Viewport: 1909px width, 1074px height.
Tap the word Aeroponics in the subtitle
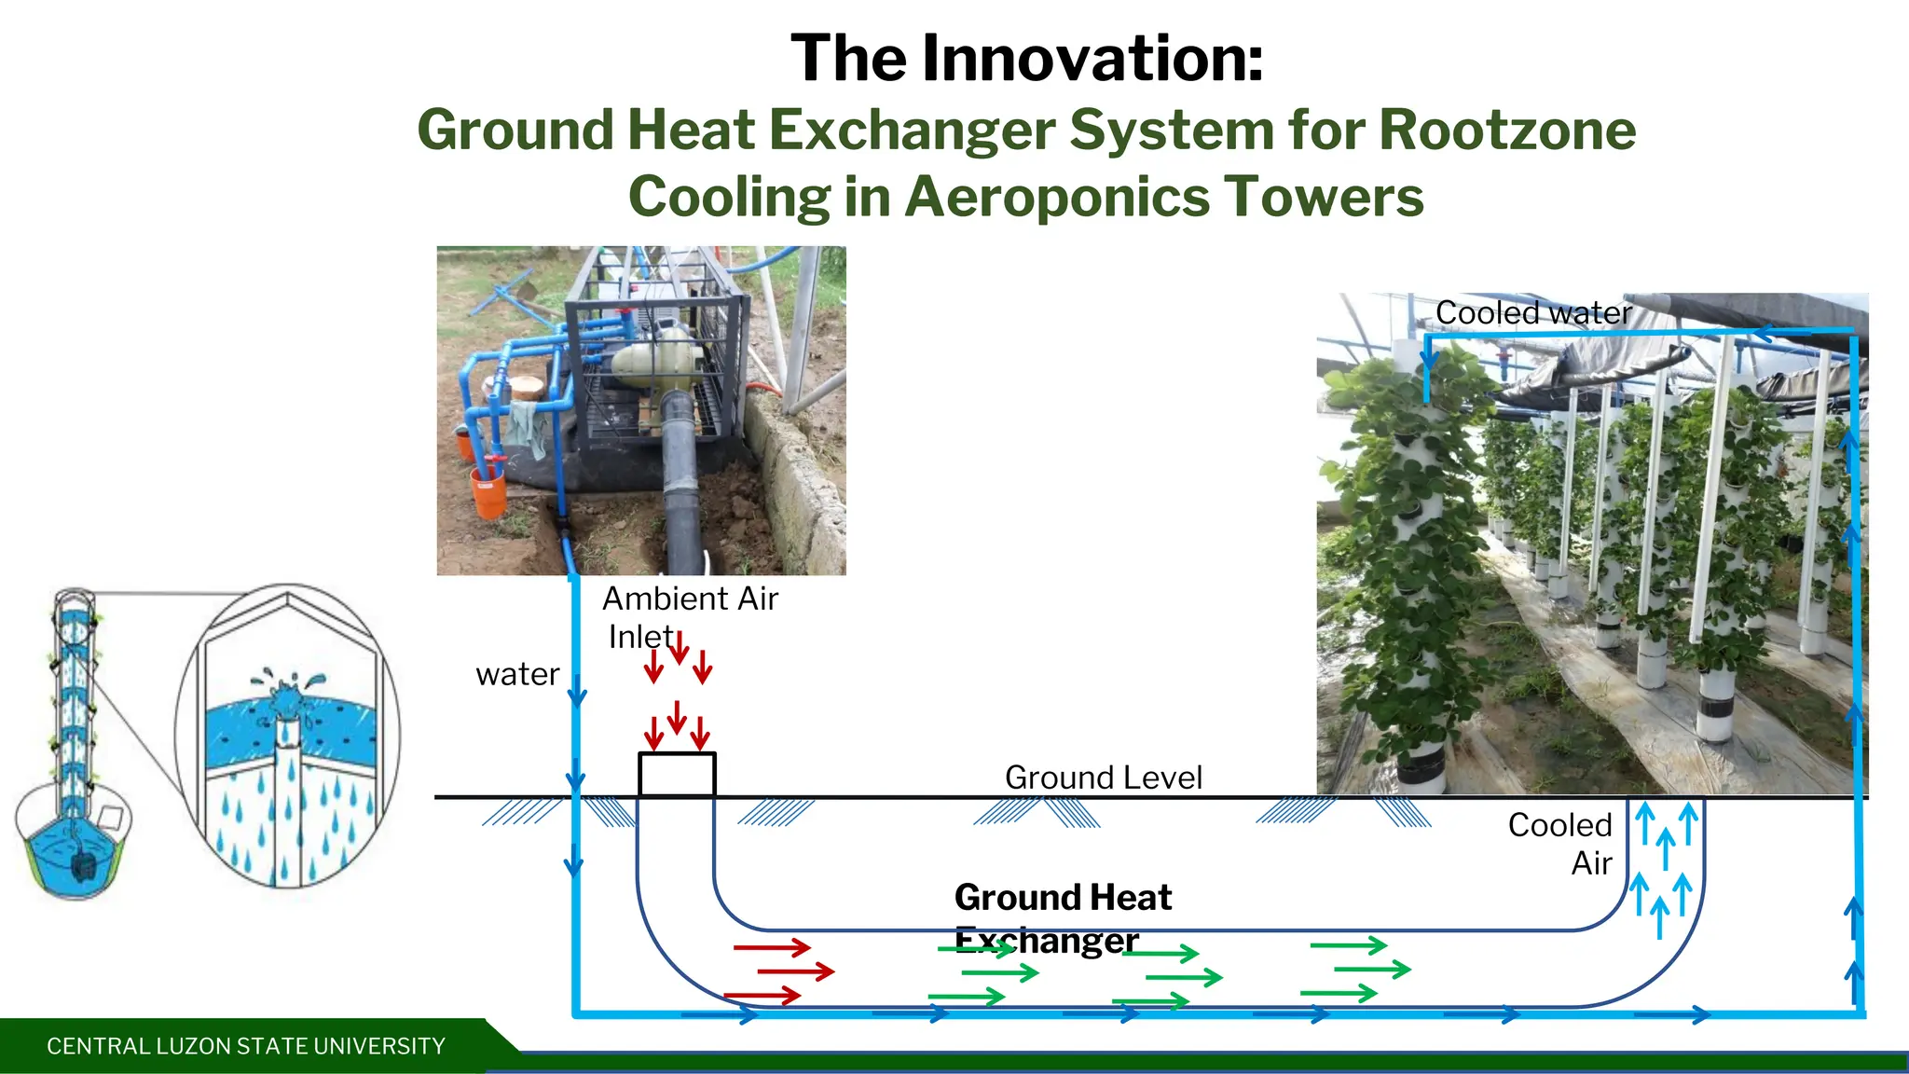tap(1055, 198)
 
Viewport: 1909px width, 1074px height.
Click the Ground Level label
tap(1103, 777)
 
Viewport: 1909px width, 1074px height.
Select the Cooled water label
tap(1532, 313)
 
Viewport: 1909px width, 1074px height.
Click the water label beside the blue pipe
tap(517, 674)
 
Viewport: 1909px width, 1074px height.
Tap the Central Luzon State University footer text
tap(246, 1046)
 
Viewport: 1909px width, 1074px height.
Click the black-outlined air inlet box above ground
tap(677, 774)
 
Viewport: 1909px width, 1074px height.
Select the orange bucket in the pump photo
tap(488, 491)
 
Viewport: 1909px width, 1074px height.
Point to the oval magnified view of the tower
tap(288, 737)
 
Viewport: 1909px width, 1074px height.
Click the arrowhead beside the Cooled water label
tap(1764, 332)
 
